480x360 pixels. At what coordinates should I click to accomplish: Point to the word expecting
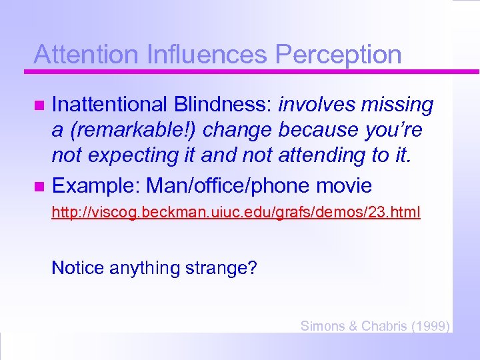(x=128, y=155)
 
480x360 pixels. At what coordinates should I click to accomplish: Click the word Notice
(x=77, y=268)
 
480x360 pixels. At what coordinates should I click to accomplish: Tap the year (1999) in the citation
(x=431, y=326)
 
